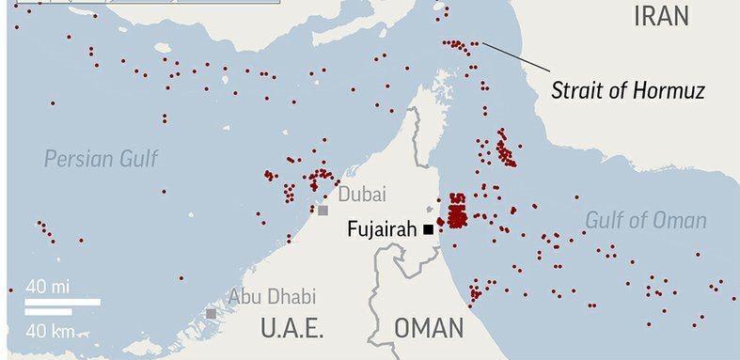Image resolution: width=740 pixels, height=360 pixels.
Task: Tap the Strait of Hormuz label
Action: (x=627, y=91)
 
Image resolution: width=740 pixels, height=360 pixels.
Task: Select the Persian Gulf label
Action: (x=101, y=158)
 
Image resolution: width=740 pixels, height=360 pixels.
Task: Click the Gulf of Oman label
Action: (x=645, y=220)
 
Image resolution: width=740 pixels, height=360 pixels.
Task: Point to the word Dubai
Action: (x=362, y=195)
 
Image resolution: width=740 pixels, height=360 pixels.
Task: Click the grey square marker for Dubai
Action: (x=323, y=211)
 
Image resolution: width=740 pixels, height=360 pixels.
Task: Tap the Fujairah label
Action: (x=382, y=228)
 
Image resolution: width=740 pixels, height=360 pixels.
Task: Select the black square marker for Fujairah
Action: (x=428, y=228)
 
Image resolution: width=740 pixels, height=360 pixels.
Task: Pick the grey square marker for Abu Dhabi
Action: (x=211, y=313)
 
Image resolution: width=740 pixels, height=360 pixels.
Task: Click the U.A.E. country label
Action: (x=291, y=329)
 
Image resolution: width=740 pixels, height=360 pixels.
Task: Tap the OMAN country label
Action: (x=429, y=329)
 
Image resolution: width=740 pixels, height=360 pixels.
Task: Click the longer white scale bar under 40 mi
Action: (x=62, y=302)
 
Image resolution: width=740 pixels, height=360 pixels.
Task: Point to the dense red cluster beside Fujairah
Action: (x=457, y=212)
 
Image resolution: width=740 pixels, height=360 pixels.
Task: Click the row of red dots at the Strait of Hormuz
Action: (x=458, y=44)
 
